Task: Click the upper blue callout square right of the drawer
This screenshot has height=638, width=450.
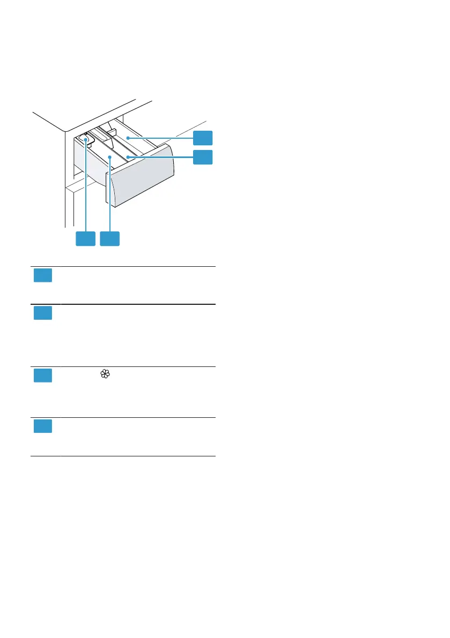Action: point(203,137)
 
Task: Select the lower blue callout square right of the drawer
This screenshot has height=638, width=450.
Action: point(203,157)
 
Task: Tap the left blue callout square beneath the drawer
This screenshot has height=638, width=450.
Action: point(85,239)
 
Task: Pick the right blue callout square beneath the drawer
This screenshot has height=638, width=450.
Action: point(109,239)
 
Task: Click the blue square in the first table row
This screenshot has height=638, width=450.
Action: point(43,276)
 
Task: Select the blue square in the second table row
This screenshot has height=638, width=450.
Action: point(43,313)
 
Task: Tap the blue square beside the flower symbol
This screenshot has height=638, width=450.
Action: point(43,376)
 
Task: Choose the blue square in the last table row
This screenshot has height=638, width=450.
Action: point(43,426)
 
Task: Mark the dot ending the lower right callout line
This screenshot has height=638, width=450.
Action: point(127,157)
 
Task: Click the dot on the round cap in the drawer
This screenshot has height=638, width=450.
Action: point(85,140)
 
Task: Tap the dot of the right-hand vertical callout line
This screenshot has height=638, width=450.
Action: point(109,157)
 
